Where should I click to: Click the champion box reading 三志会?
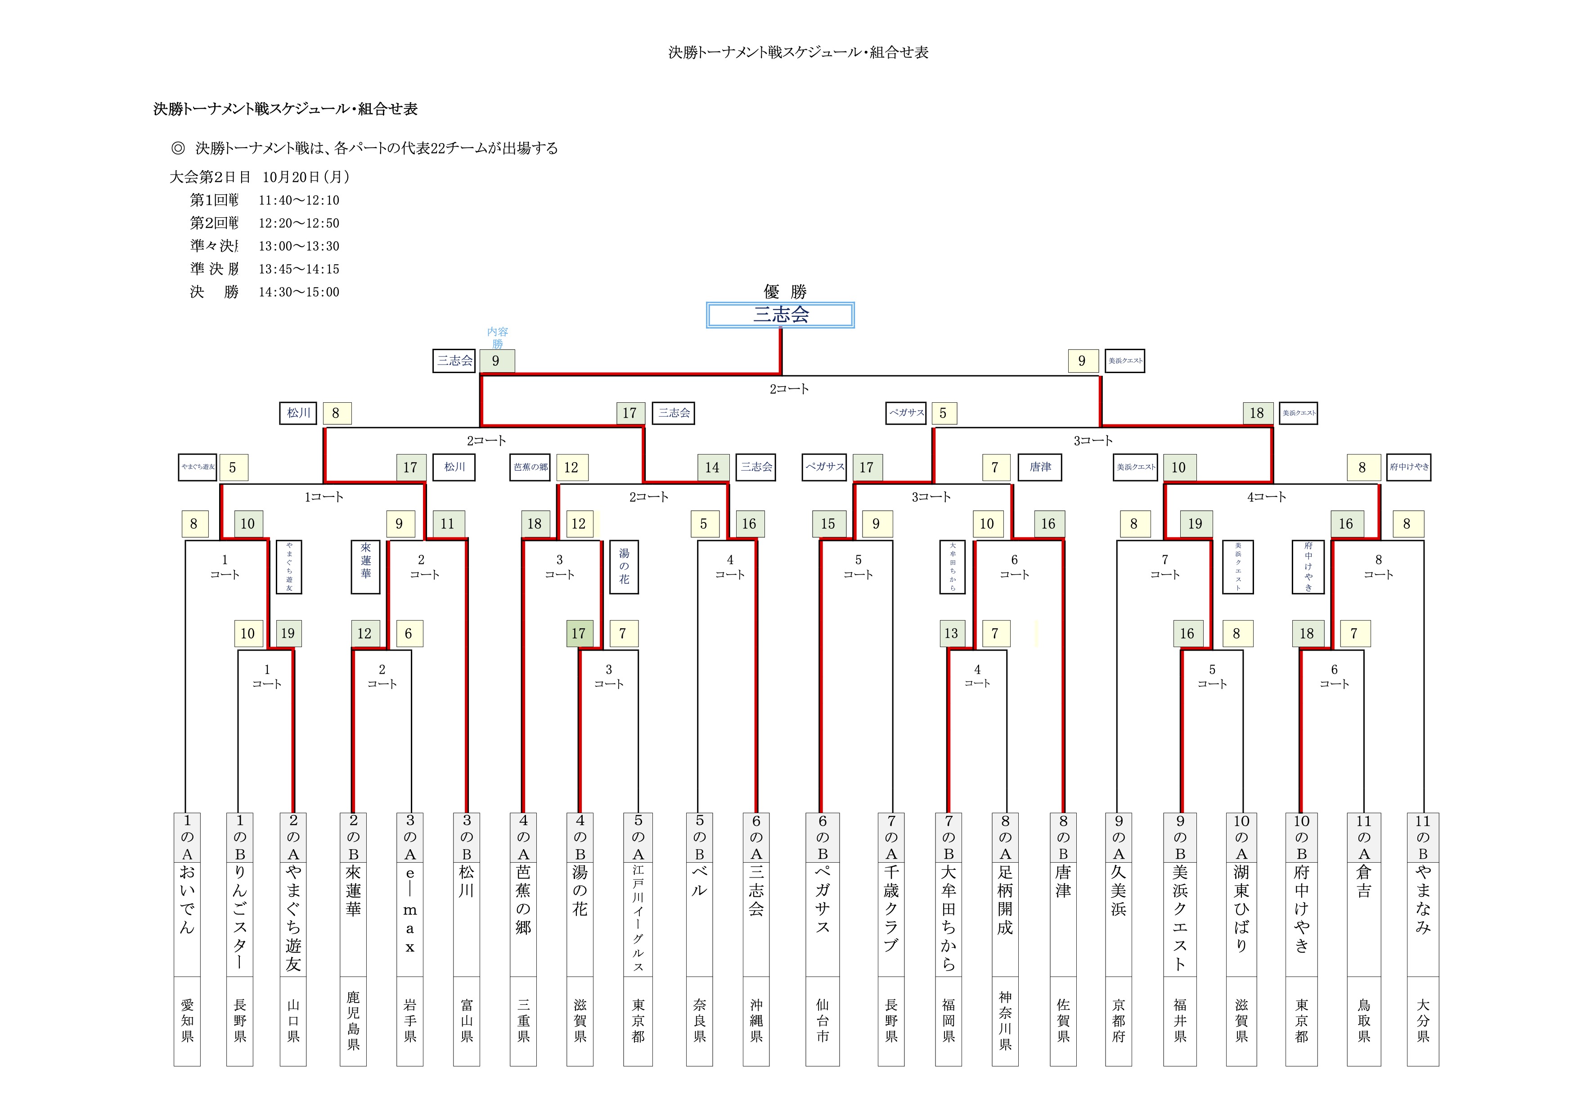780,315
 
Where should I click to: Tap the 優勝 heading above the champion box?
784,291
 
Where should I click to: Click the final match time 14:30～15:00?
299,292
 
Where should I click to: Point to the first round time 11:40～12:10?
299,200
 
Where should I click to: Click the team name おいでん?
187,900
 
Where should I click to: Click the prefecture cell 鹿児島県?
353,1021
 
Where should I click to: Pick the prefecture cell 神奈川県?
1005,1021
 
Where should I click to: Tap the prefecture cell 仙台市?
823,1021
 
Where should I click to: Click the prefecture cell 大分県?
1423,1021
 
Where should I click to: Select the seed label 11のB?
1423,837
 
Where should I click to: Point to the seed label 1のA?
187,837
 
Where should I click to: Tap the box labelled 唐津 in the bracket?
1040,467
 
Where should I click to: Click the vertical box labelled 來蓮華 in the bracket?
366,567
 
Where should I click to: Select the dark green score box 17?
579,634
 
